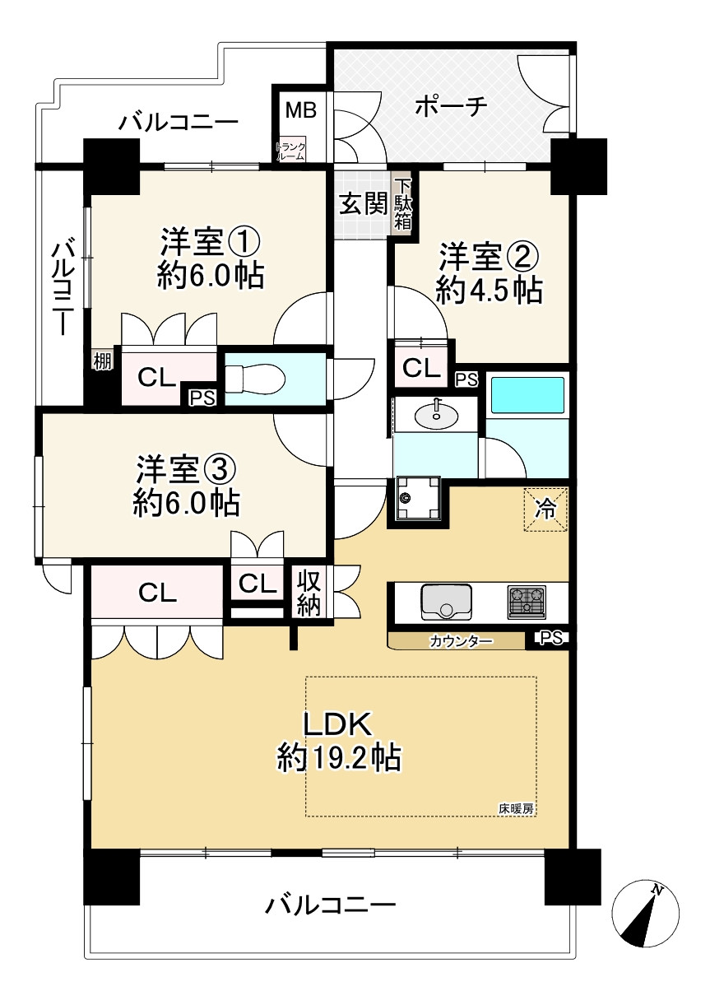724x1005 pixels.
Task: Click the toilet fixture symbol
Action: click(x=254, y=379)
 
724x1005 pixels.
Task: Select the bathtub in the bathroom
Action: click(x=527, y=395)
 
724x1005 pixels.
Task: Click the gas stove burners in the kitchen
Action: click(x=527, y=603)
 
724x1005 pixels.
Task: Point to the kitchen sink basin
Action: click(x=446, y=603)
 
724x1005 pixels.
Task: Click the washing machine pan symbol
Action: click(x=417, y=498)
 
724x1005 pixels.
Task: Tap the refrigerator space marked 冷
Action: click(x=545, y=509)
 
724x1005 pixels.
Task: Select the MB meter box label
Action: click(x=301, y=110)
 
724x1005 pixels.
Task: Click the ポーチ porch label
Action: click(x=451, y=107)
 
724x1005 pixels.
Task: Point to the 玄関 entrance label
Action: click(x=363, y=205)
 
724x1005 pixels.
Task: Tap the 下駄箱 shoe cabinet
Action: click(x=403, y=205)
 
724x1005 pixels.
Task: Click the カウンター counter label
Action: click(x=461, y=641)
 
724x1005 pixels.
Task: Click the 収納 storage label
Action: click(x=309, y=594)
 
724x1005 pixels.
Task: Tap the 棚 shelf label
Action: click(x=102, y=361)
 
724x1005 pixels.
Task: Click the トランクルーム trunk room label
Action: click(x=290, y=152)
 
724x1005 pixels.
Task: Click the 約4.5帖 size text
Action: click(x=489, y=291)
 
